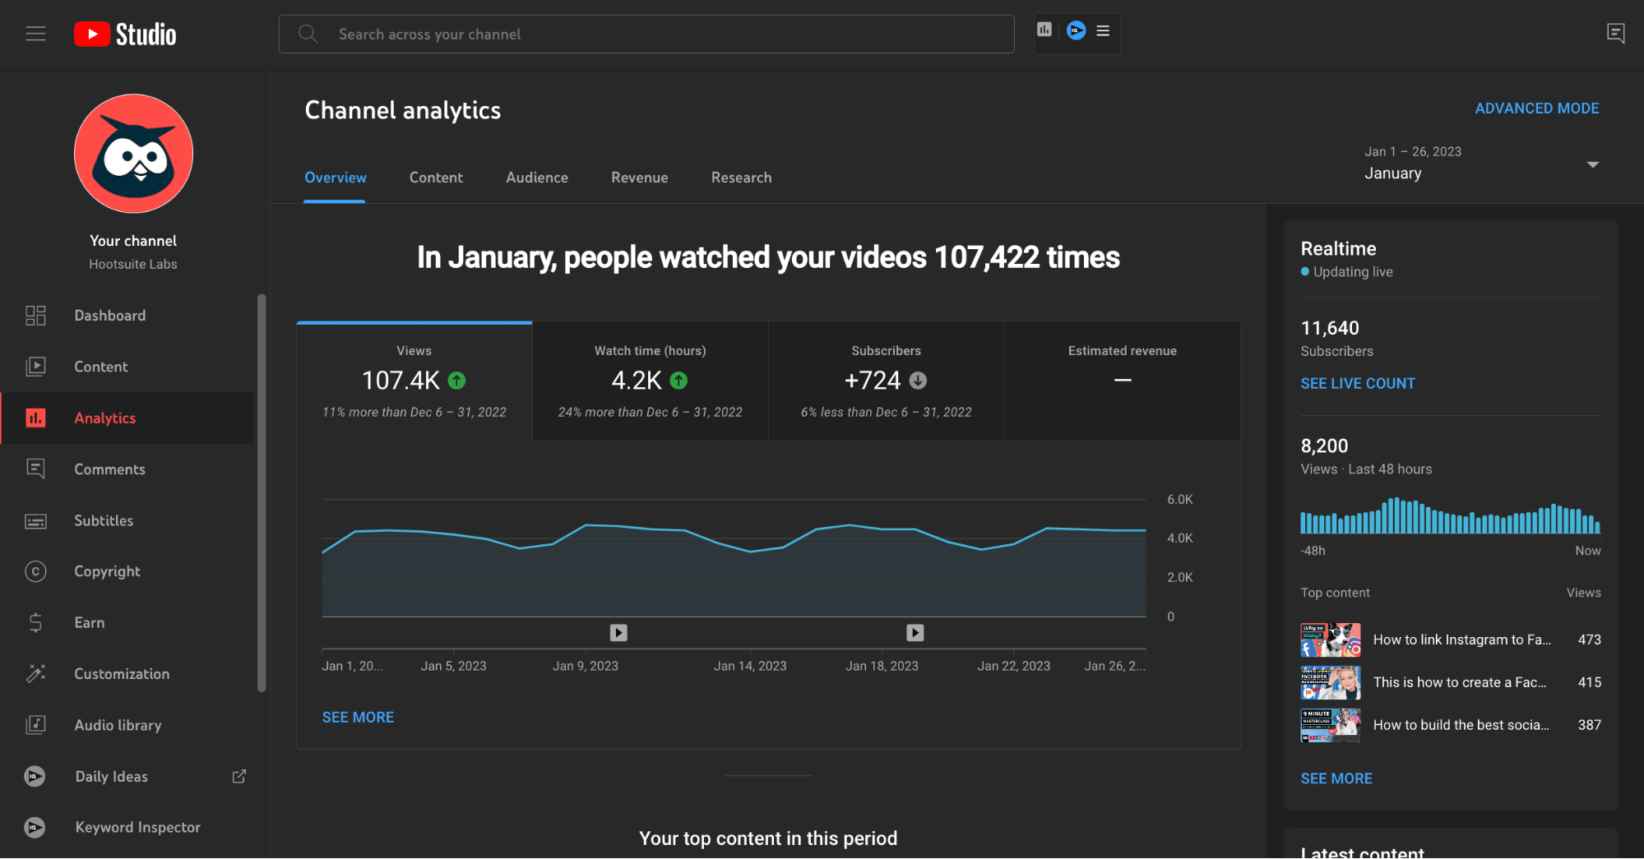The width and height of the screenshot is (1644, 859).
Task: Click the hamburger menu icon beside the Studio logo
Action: [35, 34]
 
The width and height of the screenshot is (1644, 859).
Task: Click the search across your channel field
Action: [646, 34]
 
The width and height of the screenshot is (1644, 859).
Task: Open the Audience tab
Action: [536, 178]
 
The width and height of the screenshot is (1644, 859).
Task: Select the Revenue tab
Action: [639, 178]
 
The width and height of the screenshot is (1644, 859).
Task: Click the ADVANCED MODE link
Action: [1536, 109]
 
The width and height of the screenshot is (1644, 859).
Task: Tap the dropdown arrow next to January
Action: [1592, 164]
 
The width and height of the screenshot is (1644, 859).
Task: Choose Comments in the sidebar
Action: [109, 469]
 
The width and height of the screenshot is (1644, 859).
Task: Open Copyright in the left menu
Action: [107, 571]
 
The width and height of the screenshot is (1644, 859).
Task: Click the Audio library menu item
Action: [118, 725]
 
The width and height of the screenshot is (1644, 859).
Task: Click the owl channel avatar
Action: [133, 154]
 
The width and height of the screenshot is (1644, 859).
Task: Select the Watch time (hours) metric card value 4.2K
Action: [637, 381]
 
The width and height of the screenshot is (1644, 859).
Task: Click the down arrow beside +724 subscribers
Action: [918, 381]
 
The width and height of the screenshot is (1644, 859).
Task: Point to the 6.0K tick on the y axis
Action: [1179, 500]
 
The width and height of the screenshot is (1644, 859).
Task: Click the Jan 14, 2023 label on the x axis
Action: [750, 666]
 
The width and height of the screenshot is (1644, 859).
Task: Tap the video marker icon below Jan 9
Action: [618, 633]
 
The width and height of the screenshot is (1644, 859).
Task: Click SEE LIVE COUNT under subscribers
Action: [1357, 383]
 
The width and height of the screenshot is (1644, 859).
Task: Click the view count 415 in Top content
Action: [1589, 682]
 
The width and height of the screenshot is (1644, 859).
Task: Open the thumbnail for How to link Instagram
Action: [1330, 640]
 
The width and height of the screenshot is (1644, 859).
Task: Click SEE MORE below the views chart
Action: [358, 718]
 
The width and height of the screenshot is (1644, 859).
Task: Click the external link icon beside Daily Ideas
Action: [239, 776]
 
